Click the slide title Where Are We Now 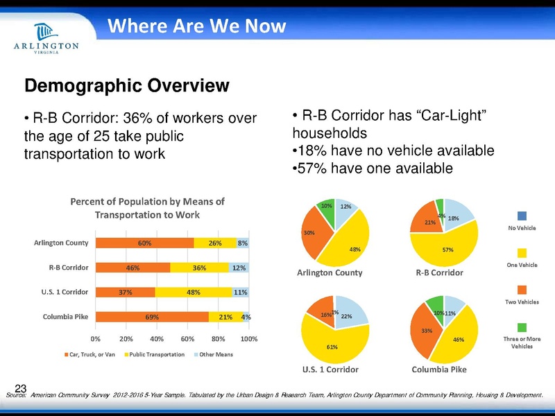tap(196, 26)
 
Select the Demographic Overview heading tap(127, 86)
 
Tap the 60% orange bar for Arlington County tap(144, 243)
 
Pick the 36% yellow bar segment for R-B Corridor tap(200, 267)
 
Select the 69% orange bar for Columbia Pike tap(151, 317)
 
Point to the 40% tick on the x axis tap(157, 339)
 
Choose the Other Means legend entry tap(213, 354)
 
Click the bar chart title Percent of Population tap(148, 208)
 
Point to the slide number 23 tap(20, 388)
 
